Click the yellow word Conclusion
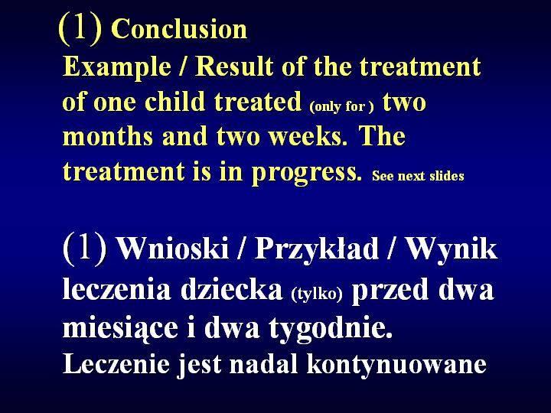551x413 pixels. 179,28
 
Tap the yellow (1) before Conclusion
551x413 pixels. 81,28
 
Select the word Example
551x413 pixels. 117,67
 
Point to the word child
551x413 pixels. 174,101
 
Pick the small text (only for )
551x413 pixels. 341,106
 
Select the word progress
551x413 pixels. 306,173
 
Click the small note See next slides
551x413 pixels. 418,176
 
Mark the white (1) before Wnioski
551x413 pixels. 85,248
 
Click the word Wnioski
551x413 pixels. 172,249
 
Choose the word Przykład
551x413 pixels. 317,249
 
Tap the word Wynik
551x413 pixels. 452,250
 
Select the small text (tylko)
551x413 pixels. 317,294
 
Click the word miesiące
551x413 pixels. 120,327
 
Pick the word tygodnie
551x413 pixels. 331,328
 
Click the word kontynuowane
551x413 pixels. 396,365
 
